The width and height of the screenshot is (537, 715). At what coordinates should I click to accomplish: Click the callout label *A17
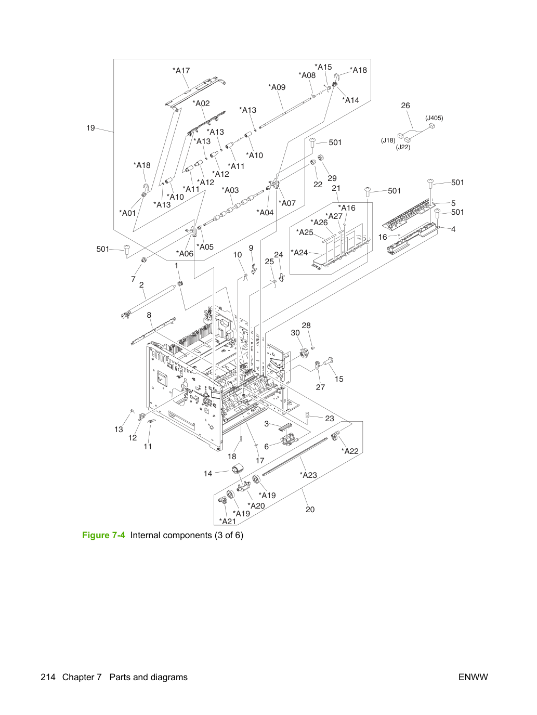[x=181, y=70]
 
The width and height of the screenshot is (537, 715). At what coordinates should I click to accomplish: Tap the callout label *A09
[x=277, y=87]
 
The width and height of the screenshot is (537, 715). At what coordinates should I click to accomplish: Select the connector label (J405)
[x=434, y=118]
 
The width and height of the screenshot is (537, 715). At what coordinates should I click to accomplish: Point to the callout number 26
[x=405, y=106]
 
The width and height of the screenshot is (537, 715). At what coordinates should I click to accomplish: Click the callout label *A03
[x=230, y=190]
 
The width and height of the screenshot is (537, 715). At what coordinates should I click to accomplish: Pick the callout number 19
[x=90, y=128]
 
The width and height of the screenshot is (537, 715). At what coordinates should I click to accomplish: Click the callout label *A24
[x=299, y=252]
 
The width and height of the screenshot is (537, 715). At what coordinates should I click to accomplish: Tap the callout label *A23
[x=308, y=475]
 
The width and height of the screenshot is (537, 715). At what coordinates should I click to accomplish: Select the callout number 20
[x=310, y=510]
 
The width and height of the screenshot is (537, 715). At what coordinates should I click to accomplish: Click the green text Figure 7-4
[x=103, y=536]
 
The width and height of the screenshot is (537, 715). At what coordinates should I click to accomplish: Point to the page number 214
[x=48, y=677]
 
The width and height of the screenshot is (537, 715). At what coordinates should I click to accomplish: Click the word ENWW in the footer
[x=473, y=677]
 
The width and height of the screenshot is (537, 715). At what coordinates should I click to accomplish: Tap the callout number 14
[x=208, y=474]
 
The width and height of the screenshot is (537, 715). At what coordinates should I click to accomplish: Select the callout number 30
[x=295, y=333]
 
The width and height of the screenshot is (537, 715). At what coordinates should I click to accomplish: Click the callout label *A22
[x=350, y=451]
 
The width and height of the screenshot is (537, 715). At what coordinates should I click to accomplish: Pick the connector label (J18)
[x=388, y=140]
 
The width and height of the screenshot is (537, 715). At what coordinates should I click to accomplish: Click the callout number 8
[x=149, y=315]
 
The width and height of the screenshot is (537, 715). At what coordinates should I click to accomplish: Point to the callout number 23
[x=330, y=419]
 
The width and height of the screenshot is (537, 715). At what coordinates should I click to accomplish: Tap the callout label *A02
[x=201, y=103]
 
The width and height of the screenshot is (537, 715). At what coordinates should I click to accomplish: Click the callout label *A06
[x=185, y=253]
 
